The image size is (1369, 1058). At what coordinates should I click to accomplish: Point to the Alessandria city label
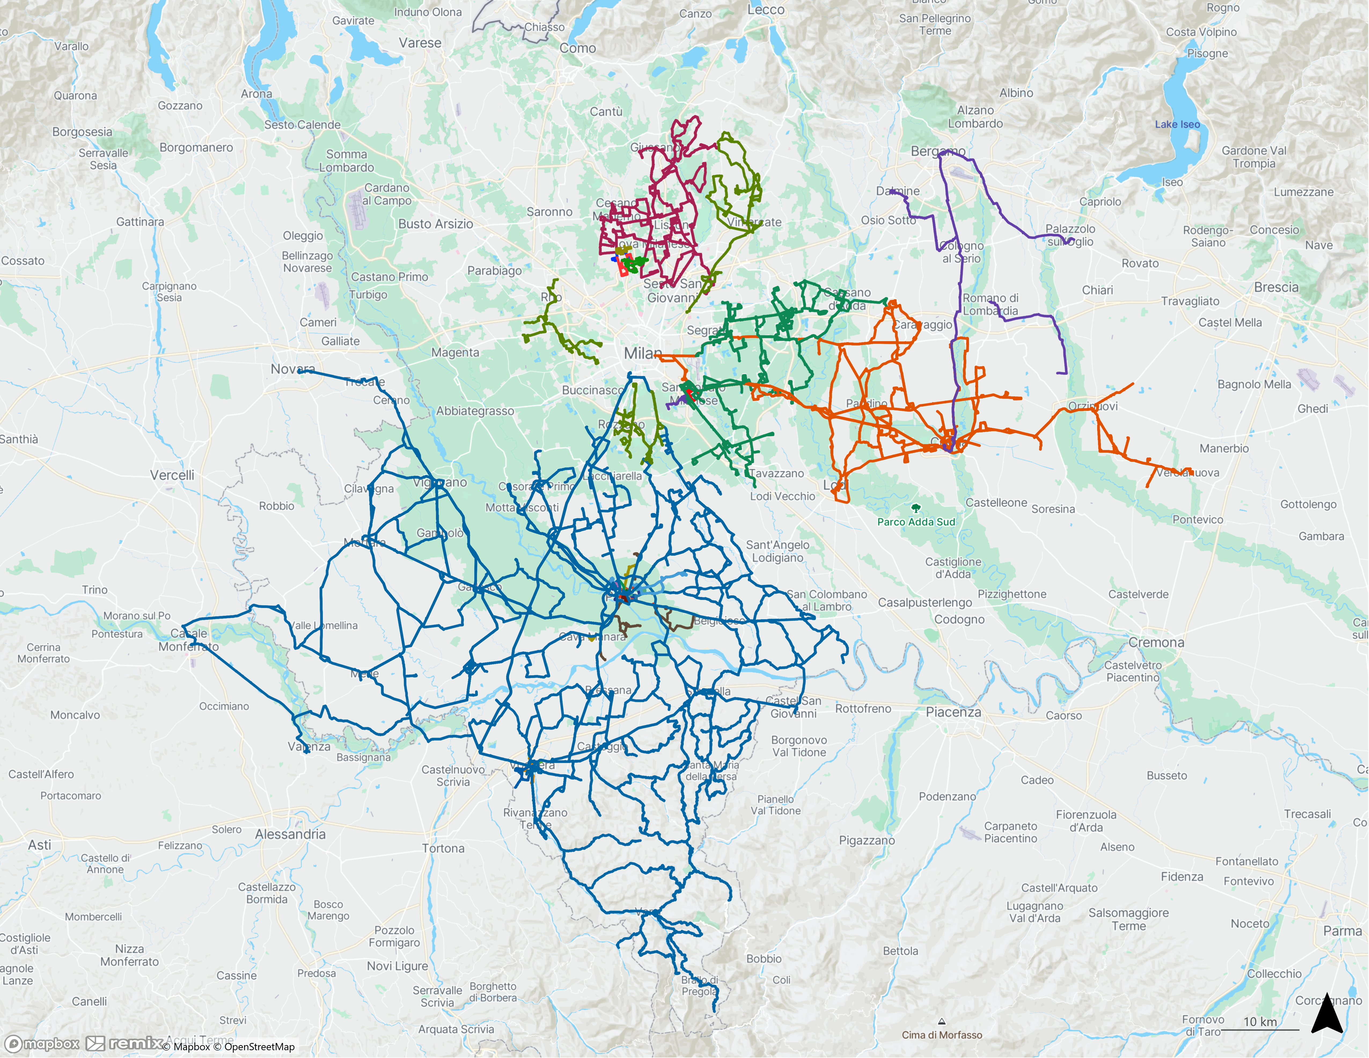tap(290, 834)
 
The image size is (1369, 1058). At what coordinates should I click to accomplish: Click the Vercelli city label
tap(172, 475)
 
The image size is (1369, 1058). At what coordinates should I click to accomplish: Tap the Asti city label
tap(39, 845)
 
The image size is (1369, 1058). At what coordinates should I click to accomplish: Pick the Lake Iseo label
tap(1177, 124)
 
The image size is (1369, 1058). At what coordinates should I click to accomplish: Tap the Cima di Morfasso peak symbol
tap(941, 1022)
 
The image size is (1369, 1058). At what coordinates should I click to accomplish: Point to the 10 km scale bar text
tap(1260, 1022)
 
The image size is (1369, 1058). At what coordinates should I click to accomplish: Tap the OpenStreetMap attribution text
tap(259, 1047)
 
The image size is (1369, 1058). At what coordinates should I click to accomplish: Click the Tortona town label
tap(443, 849)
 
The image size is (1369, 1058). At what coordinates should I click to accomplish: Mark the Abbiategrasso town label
tap(475, 411)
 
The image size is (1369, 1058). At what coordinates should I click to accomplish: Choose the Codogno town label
tap(959, 619)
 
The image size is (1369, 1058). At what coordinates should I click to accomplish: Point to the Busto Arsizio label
tap(436, 224)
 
